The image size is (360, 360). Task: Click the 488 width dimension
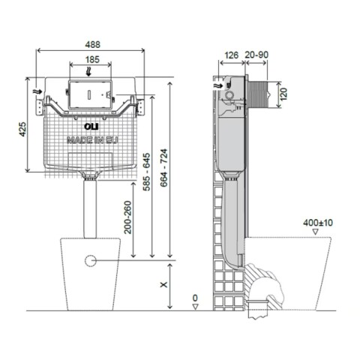click(89, 43)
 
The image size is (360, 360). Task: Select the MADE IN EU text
click(90, 139)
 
